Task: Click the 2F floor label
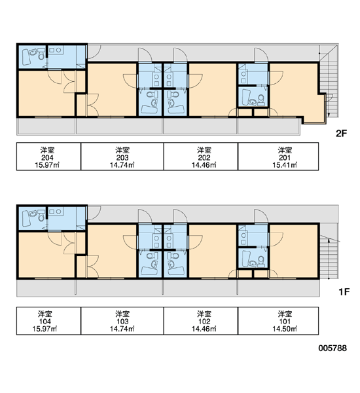(x=341, y=134)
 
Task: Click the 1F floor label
(x=344, y=291)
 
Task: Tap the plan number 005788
(x=333, y=348)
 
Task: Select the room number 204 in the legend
(x=47, y=157)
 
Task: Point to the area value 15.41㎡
(x=285, y=165)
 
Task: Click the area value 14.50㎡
(x=285, y=329)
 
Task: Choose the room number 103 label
(x=122, y=322)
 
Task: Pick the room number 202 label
(x=204, y=157)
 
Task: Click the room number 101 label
(x=285, y=322)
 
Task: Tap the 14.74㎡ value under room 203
(x=122, y=165)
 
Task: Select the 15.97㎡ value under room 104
(x=45, y=329)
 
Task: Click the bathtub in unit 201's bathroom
(x=245, y=97)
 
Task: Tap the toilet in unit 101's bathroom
(x=261, y=261)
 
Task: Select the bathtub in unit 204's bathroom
(x=26, y=57)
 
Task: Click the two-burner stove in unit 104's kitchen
(x=56, y=212)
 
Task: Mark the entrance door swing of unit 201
(x=261, y=54)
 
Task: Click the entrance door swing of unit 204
(x=94, y=52)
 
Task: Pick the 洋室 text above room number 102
(x=204, y=314)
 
